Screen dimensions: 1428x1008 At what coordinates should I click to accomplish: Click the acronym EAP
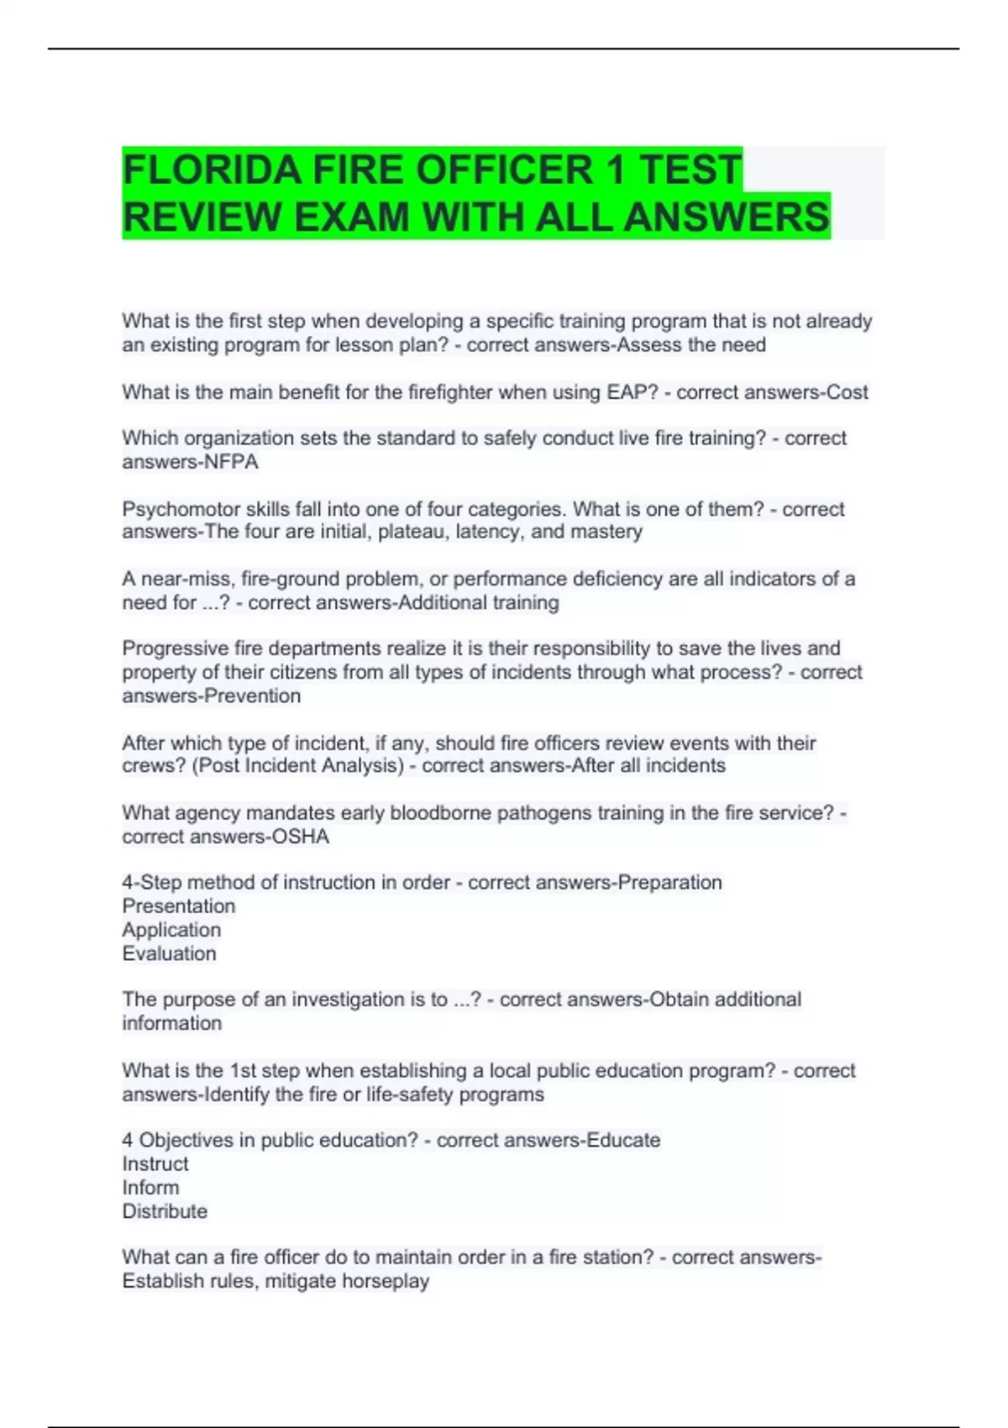pos(627,392)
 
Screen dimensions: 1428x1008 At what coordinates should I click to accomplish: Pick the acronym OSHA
pos(300,837)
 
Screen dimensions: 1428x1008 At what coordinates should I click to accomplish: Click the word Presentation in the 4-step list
pos(179,906)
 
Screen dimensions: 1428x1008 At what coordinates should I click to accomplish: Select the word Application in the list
pos(171,930)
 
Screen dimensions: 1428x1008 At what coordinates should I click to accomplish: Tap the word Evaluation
pos(169,953)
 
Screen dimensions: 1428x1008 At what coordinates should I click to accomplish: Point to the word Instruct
pos(155,1164)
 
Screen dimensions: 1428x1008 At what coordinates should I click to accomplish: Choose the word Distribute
pos(165,1211)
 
